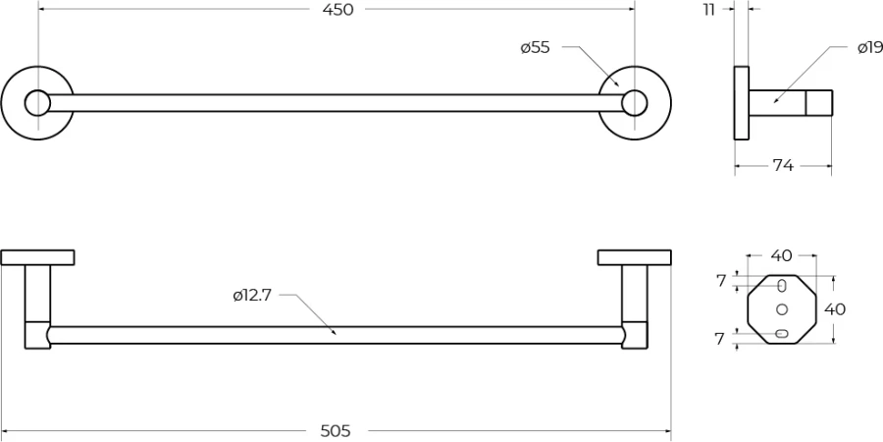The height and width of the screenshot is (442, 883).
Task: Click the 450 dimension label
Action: [338, 10]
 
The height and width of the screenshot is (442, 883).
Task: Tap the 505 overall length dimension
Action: [336, 431]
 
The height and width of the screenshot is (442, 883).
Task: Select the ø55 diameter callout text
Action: [535, 47]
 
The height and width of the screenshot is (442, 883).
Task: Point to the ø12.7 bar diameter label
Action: [252, 295]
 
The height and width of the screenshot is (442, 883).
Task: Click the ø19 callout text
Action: [870, 48]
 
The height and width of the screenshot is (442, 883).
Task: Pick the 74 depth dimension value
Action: [783, 166]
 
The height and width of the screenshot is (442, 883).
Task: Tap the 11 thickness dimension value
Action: [709, 10]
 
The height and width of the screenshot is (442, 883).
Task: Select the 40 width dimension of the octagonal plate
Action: [781, 255]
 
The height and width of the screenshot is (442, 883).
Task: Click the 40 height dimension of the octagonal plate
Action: [835, 309]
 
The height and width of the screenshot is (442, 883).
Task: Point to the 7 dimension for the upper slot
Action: [721, 281]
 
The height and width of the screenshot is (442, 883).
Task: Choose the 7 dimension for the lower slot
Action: [719, 340]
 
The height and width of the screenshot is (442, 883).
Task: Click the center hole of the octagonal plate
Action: [782, 309]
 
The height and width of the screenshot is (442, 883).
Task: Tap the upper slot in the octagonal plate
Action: [782, 286]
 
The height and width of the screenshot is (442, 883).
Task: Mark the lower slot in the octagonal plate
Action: [781, 334]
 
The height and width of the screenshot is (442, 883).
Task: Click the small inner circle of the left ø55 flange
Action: [37, 102]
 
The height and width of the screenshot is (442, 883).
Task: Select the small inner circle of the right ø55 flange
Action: [634, 102]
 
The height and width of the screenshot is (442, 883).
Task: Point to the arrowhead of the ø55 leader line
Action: [618, 85]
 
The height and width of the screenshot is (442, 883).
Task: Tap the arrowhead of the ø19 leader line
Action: [775, 101]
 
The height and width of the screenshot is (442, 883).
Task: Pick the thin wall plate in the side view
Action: [741, 102]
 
